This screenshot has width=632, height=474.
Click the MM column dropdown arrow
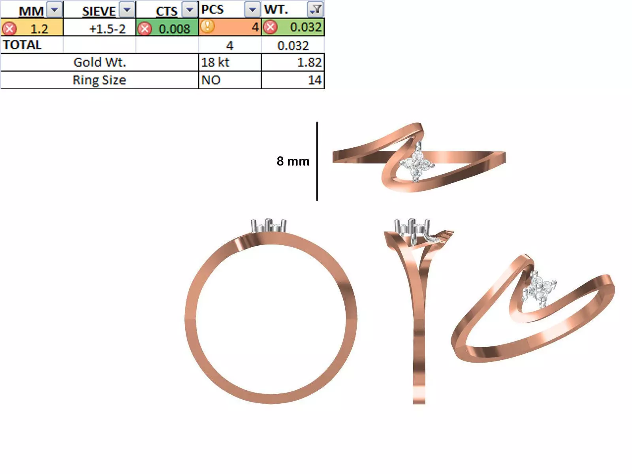(x=55, y=9)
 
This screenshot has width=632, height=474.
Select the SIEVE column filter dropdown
(x=127, y=9)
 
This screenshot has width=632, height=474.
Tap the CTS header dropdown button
(x=190, y=9)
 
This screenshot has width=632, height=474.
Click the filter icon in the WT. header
(x=316, y=9)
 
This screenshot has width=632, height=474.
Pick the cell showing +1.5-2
(x=107, y=29)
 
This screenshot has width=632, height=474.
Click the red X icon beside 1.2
(x=9, y=29)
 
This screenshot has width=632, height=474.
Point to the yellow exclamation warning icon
(x=207, y=26)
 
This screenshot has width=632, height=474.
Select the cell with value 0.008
(x=174, y=29)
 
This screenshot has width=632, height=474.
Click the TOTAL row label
(x=22, y=45)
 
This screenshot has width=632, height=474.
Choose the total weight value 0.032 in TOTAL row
(x=293, y=46)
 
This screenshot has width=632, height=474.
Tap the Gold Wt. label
(x=100, y=62)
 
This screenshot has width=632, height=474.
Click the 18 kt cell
(x=215, y=62)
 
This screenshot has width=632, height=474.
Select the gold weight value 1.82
(x=309, y=62)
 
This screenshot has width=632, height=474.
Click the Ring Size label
(x=100, y=80)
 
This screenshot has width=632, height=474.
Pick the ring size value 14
(x=314, y=80)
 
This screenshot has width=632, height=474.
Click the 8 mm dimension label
(x=293, y=161)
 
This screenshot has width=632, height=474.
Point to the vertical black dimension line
(x=317, y=161)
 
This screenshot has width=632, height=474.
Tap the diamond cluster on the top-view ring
(x=417, y=164)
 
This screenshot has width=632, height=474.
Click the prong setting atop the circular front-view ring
(x=269, y=226)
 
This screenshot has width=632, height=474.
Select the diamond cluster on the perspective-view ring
(x=540, y=288)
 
